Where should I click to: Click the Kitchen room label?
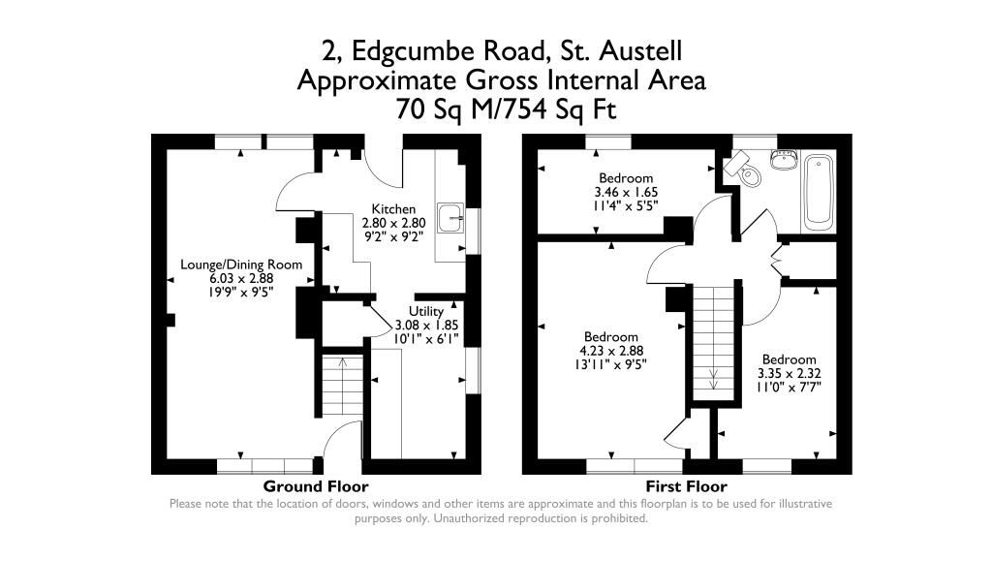tap(393, 209)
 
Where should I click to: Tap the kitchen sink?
tap(450, 218)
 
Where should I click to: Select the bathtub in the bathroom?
tap(819, 192)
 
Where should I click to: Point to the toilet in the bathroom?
tap(743, 170)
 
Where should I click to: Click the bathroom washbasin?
tap(783, 160)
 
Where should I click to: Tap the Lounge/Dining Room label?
tap(241, 265)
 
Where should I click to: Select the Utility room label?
tap(426, 311)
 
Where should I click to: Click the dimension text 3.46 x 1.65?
tap(626, 192)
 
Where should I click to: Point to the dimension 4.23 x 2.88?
tap(611, 351)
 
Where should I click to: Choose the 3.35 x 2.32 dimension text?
tap(789, 373)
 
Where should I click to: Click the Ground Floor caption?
tap(316, 486)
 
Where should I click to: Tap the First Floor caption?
tap(687, 486)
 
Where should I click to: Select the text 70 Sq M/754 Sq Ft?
tap(506, 109)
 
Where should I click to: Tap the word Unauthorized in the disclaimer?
tap(470, 518)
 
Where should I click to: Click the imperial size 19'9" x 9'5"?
tap(241, 293)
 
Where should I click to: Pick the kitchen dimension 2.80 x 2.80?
tap(393, 223)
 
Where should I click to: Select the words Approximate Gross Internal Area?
tap(502, 80)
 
